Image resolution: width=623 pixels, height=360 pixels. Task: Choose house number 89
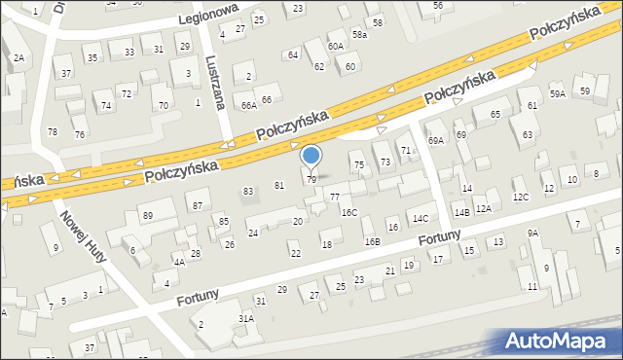[147, 215]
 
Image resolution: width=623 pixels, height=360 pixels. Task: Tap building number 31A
[246, 318]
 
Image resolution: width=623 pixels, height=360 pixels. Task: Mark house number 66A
[248, 104]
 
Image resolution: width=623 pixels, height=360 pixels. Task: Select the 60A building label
[336, 47]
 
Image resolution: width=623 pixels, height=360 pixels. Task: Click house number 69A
[438, 141]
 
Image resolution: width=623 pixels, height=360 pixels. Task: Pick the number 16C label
[349, 212]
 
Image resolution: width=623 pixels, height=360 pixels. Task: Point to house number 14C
[420, 218]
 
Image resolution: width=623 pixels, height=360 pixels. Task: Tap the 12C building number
[521, 198]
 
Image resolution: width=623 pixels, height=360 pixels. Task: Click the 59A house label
[557, 94]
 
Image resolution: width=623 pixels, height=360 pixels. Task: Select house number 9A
[532, 234]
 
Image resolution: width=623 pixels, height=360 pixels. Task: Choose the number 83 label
[248, 191]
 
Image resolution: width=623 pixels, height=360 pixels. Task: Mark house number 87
[197, 205]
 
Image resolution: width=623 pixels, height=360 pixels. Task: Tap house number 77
[335, 198]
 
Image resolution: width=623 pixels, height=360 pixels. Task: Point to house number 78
[53, 131]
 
